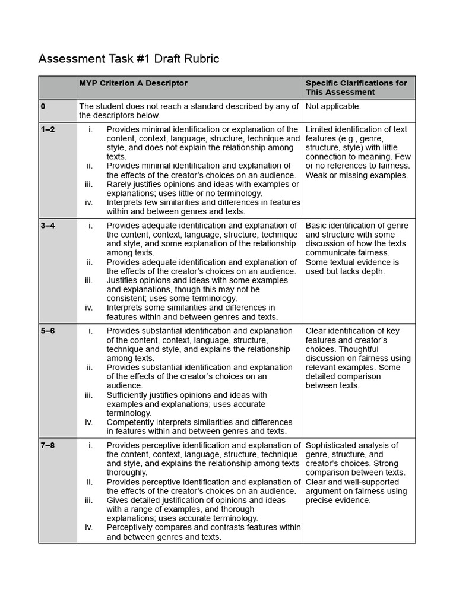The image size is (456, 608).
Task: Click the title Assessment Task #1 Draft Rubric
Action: click(129, 59)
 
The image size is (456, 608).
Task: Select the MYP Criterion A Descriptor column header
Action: click(133, 83)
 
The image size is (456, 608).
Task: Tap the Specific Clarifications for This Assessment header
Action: click(356, 88)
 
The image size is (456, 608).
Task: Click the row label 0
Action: click(43, 106)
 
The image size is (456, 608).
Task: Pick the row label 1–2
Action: click(47, 129)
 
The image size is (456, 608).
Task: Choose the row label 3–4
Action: click(47, 226)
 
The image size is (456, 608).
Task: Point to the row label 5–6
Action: click(47, 331)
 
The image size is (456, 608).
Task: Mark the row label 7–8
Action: click(47, 445)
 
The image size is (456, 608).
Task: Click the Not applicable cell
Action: click(333, 106)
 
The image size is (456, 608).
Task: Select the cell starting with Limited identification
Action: click(358, 152)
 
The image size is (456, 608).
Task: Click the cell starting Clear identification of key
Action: click(358, 358)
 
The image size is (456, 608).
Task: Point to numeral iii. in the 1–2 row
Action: click(89, 184)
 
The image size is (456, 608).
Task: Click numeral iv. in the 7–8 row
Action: click(89, 527)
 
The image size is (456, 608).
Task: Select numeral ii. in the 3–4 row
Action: click(90, 262)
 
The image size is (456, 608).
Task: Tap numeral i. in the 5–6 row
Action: click(90, 331)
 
